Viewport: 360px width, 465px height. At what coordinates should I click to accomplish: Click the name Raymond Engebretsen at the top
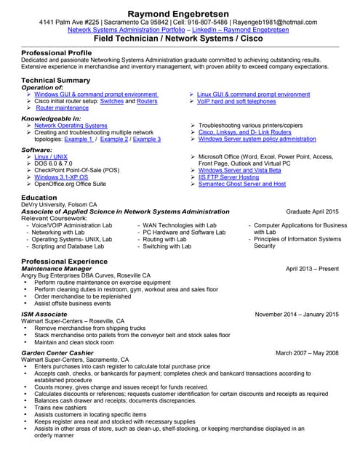pyautogui.click(x=180, y=14)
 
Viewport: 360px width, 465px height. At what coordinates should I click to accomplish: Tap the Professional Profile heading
pyautogui.click(x=57, y=54)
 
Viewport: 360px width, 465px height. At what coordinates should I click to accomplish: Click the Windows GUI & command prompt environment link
pyautogui.click(x=95, y=94)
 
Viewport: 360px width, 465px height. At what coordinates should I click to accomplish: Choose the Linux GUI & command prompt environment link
pyautogui.click(x=253, y=94)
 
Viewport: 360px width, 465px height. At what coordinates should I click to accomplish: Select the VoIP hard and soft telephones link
pyautogui.click(x=236, y=102)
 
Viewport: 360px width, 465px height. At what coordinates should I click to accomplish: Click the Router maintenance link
pyautogui.click(x=62, y=108)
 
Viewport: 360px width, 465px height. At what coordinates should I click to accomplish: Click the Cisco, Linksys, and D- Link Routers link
pyautogui.click(x=244, y=132)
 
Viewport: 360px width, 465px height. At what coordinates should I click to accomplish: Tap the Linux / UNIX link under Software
pyautogui.click(x=51, y=156)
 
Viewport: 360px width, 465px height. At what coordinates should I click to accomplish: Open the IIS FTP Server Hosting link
pyautogui.click(x=228, y=177)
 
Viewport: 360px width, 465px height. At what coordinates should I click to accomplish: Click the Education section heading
pyautogui.click(x=39, y=198)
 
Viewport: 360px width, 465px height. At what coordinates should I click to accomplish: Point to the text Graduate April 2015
pyautogui.click(x=312, y=211)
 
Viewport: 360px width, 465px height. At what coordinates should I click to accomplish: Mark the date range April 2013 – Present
pyautogui.click(x=312, y=269)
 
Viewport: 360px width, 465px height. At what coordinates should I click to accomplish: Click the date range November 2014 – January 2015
pyautogui.click(x=297, y=315)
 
